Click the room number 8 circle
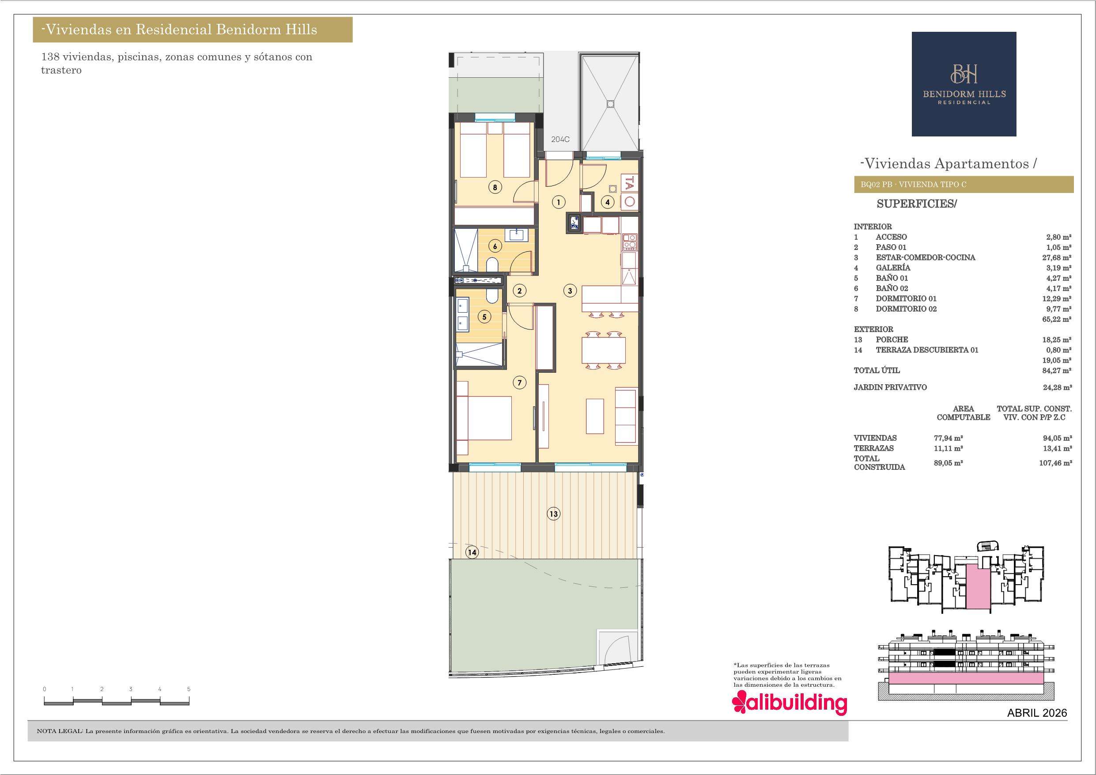pos(495,187)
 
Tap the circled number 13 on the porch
pos(553,514)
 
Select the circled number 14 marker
pos(472,552)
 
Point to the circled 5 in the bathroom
pos(484,317)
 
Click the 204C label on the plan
pos(560,140)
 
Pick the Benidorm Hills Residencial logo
pos(964,84)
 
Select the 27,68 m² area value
pos(1056,257)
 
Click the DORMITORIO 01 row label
pos(906,299)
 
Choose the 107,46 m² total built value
pos(1055,463)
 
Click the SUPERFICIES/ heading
pos(917,204)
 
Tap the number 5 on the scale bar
pos(189,689)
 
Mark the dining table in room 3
pos(603,350)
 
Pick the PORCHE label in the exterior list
pos(892,340)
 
